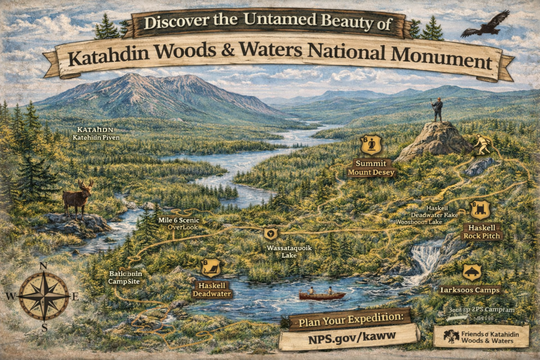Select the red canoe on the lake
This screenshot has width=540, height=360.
(x=322, y=295)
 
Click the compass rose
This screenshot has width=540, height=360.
(x=44, y=296)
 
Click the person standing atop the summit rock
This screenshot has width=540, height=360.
(x=437, y=109)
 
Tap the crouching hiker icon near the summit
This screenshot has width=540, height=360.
(x=481, y=144)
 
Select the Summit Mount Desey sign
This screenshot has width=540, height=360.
(x=371, y=167)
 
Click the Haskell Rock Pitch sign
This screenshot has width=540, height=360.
(x=481, y=231)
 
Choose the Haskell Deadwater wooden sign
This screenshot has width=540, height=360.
(x=212, y=289)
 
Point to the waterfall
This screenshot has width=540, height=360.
(x=425, y=258)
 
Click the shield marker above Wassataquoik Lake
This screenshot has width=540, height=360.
(x=271, y=232)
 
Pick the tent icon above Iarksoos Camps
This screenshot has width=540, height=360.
(x=471, y=272)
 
